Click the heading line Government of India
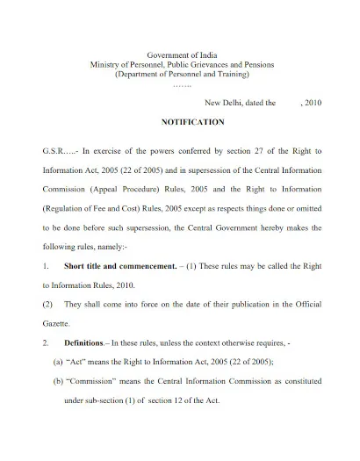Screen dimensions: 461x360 180,55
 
